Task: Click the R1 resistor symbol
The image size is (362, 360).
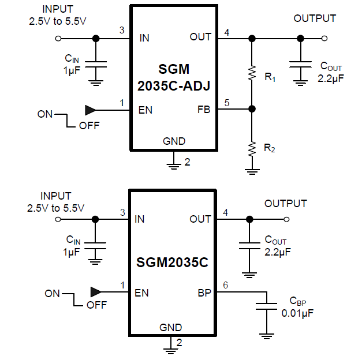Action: pos(252,73)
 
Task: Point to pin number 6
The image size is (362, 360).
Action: pos(226,286)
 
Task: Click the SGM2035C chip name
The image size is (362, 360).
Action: pos(173,263)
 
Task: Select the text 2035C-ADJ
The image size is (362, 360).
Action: pos(174,86)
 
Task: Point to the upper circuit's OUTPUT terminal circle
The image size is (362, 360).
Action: pos(324,39)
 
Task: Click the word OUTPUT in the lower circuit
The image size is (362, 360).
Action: pos(286,204)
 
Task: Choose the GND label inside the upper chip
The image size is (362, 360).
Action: pos(174,141)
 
